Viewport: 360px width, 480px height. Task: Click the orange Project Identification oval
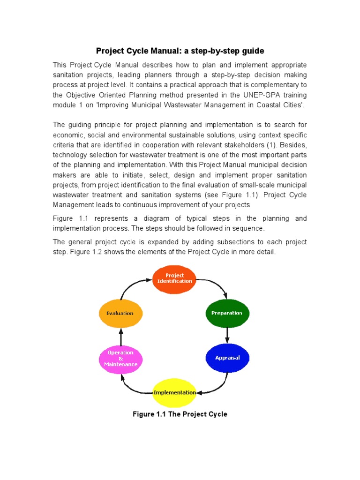[174, 278]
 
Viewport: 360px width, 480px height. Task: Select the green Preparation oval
[227, 313]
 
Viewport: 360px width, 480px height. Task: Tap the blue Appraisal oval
[227, 358]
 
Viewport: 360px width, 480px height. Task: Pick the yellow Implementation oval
[174, 393]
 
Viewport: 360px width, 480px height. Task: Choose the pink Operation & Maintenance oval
[120, 359]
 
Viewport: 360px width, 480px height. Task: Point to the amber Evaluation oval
[120, 313]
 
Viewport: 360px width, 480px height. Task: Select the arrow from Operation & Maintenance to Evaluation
[120, 336]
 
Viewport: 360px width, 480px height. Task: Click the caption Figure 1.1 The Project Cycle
[180, 414]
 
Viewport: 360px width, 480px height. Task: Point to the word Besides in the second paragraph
[293, 145]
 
